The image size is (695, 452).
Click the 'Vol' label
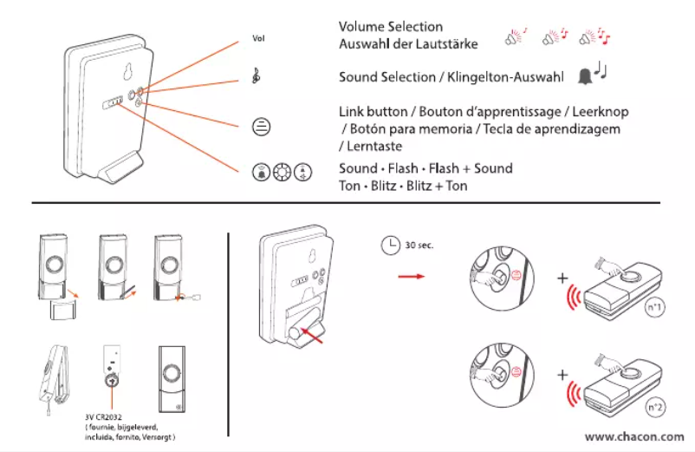pos(257,39)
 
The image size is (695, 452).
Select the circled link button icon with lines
pos(259,126)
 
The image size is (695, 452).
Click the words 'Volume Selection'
pos(390,27)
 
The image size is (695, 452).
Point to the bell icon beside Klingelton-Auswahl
pos(586,76)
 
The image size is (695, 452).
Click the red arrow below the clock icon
pos(408,277)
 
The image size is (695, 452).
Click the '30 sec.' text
pos(420,245)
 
